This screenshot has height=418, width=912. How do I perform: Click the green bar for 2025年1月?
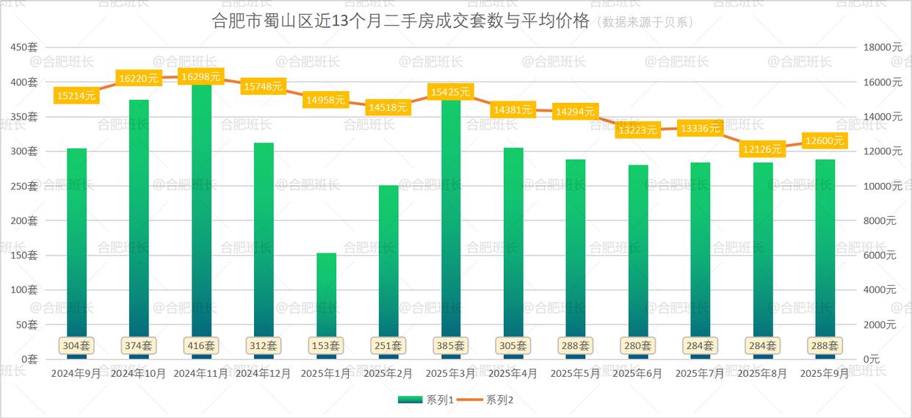[x=326, y=294]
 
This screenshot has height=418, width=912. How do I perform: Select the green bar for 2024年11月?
[x=201, y=220]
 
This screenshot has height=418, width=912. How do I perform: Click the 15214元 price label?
[x=76, y=95]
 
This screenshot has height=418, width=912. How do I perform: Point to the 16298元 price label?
[x=200, y=76]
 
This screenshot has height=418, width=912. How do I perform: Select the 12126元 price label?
[x=762, y=149]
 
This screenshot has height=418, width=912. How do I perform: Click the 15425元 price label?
[x=449, y=92]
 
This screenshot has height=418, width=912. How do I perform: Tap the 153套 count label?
[x=326, y=345]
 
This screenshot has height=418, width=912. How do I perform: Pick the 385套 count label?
[x=451, y=345]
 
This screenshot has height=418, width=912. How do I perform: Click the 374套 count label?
[x=138, y=345]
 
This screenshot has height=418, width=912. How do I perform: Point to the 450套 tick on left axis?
[x=23, y=47]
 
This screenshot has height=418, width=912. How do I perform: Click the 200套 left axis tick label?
[x=23, y=220]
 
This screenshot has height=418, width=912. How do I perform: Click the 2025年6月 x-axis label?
[x=637, y=373]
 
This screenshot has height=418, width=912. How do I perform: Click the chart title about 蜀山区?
[x=400, y=21]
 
